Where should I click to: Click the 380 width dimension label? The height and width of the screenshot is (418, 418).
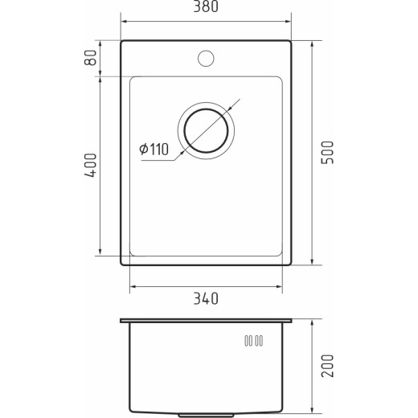pos(206,6)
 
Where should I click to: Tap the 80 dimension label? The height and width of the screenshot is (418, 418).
pos(90,58)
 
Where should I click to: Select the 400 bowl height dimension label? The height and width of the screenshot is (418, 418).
pos(90,166)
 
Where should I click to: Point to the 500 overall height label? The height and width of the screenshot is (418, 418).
pos(327,153)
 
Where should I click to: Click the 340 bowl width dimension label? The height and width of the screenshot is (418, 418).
pos(206,298)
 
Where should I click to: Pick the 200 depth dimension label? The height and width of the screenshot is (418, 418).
pos(327,366)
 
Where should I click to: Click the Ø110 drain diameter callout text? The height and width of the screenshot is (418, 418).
pos(154,150)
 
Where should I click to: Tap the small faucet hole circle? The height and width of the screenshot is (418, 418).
pos(206,59)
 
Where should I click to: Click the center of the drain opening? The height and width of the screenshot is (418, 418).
pos(206,130)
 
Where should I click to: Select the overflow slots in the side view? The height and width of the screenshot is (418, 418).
pos(253,341)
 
